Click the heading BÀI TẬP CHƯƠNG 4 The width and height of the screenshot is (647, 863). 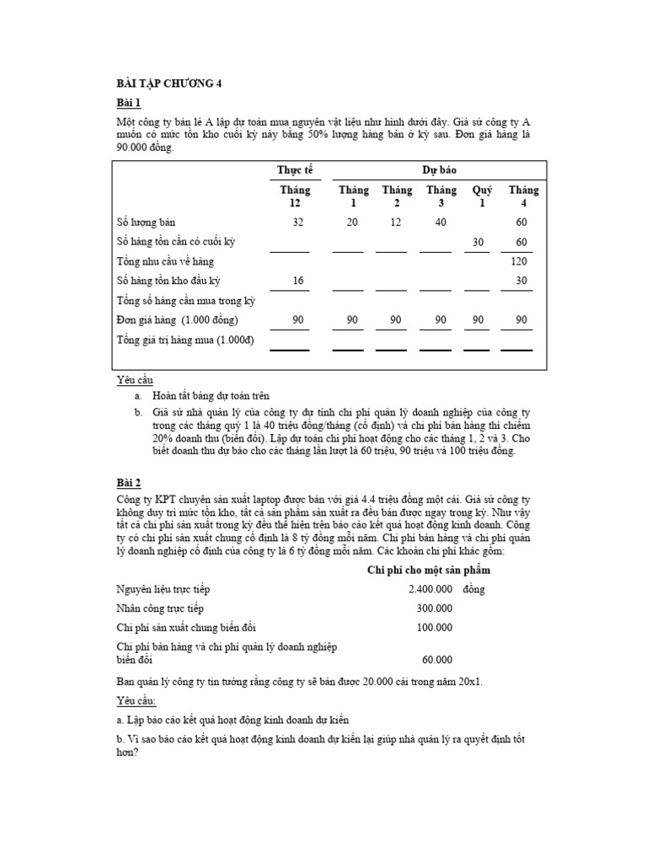[x=168, y=83]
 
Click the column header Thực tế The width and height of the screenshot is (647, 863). [x=294, y=169]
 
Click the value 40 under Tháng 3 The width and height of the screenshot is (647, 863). [x=441, y=222]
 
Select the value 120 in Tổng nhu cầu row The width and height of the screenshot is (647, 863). [x=518, y=262]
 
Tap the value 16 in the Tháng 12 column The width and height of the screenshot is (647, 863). [x=297, y=281]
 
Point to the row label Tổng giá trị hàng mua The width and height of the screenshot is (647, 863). [x=184, y=340]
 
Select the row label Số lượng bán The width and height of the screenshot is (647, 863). [x=146, y=222]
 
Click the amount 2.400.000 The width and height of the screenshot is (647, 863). [x=430, y=589]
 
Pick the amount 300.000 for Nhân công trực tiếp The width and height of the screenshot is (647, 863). [x=434, y=608]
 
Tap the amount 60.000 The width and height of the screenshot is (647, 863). [x=436, y=660]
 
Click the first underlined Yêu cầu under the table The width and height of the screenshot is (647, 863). [x=134, y=381]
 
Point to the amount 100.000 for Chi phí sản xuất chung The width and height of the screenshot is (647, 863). [x=434, y=628]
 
